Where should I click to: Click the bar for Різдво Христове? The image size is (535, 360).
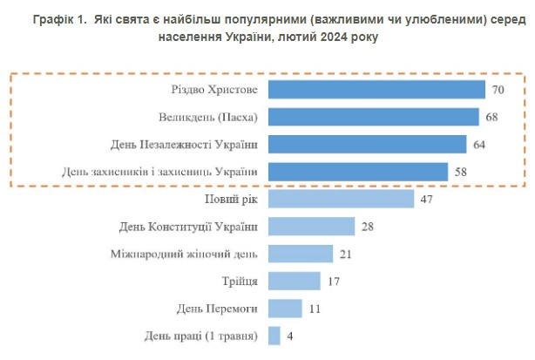coord(376,90)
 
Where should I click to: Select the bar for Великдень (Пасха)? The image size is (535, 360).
coord(373,117)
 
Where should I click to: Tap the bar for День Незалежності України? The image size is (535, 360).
coord(368,144)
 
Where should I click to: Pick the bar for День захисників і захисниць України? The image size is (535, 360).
coord(358,171)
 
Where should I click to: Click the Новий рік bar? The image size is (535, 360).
coord(341,199)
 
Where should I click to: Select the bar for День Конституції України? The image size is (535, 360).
coord(311,227)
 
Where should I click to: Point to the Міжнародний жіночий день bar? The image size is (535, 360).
coord(301,254)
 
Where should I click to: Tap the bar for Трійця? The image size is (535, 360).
coord(295,281)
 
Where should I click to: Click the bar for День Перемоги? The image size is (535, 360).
coord(285,308)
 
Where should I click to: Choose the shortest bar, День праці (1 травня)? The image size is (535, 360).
coord(274,335)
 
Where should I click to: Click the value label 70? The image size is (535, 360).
coord(498,90)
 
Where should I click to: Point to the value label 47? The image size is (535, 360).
coord(426,199)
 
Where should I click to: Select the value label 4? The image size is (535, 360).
coord(289,336)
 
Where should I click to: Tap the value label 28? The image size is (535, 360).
coord(368,227)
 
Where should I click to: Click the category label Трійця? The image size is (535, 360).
coord(240,281)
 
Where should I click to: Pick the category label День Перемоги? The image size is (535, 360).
coord(217,308)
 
